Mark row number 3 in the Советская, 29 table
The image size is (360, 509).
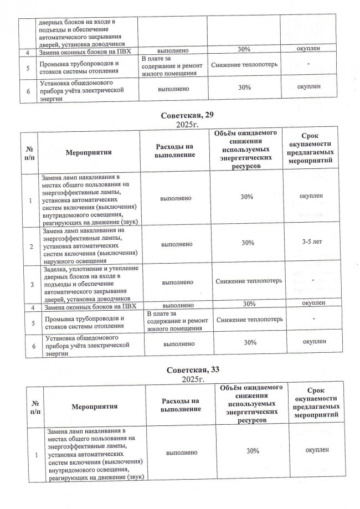point(31,282)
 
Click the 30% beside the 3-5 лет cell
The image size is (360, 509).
point(248,243)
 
